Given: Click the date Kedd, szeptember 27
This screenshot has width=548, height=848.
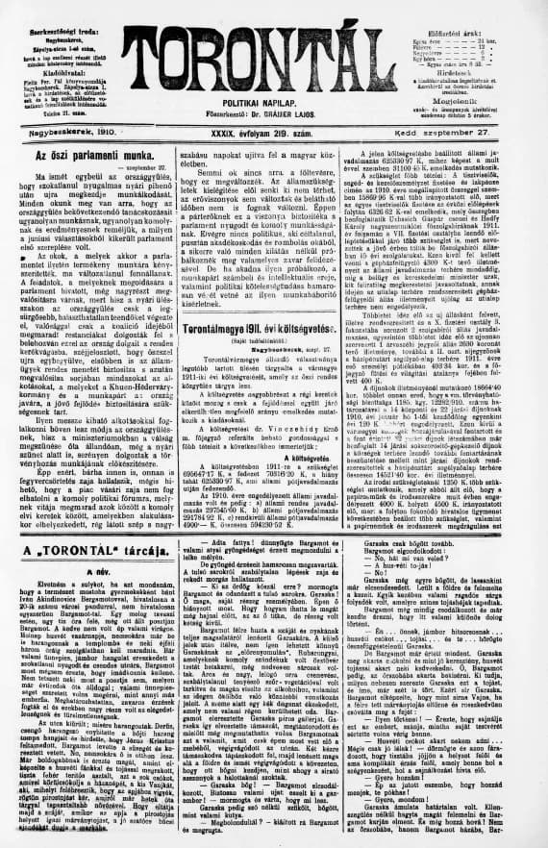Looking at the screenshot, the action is [x=478, y=128].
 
